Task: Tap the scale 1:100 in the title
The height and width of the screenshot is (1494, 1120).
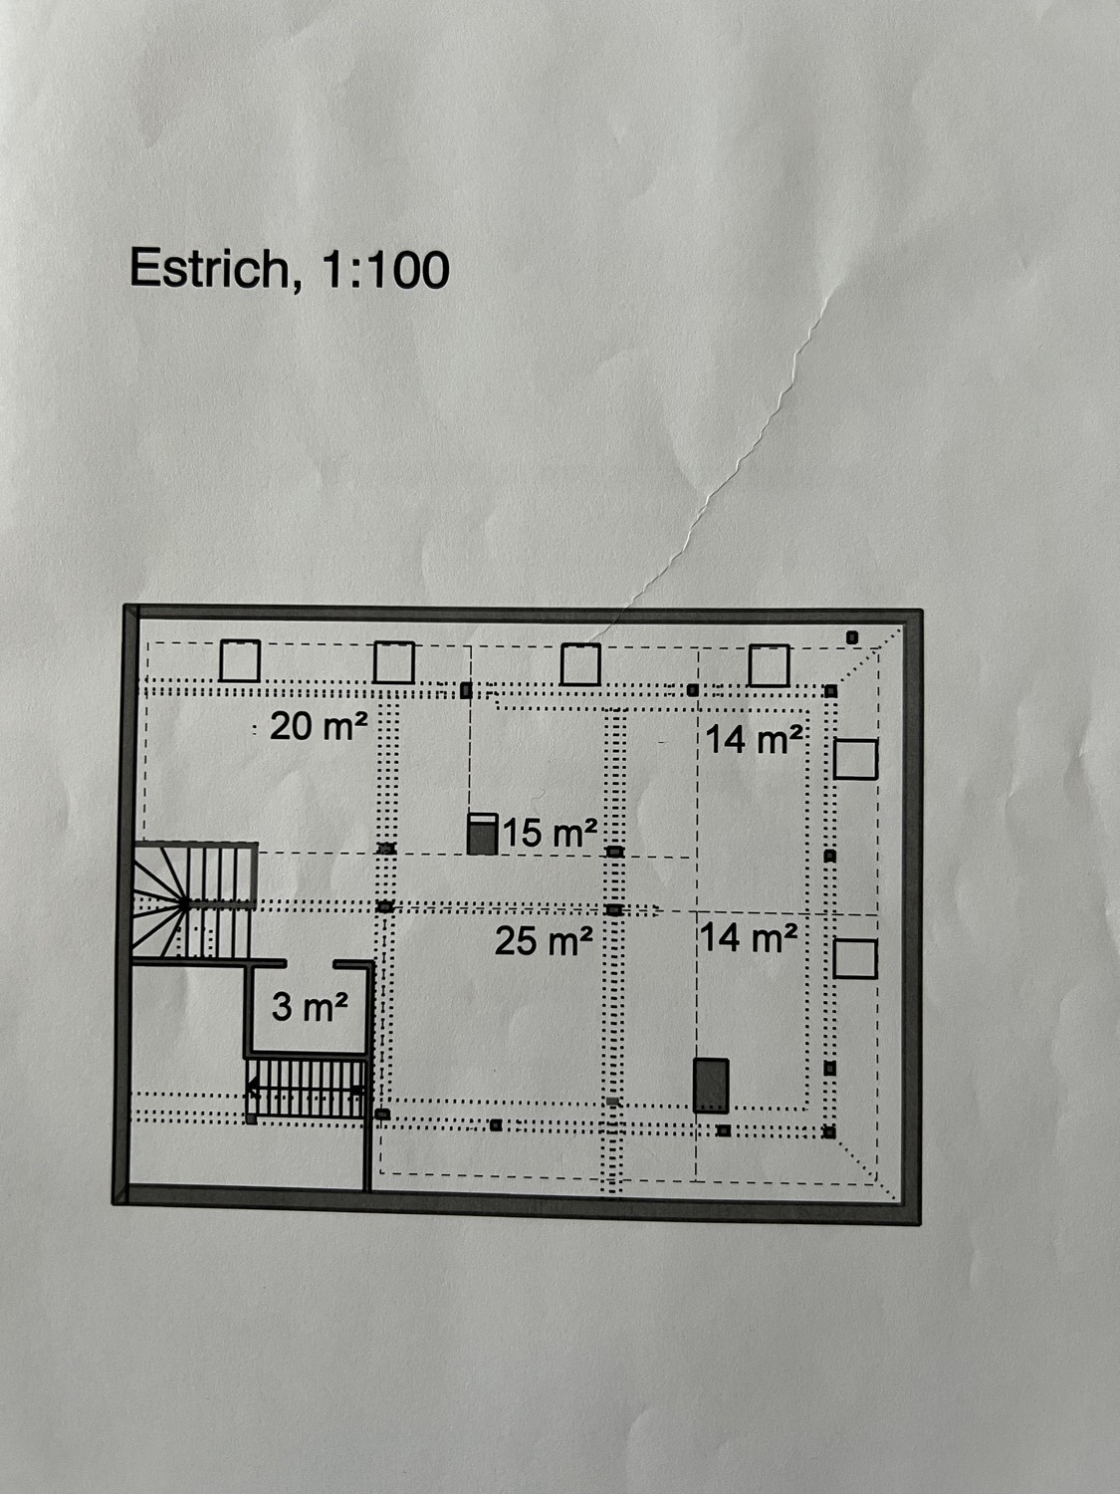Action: pos(386,270)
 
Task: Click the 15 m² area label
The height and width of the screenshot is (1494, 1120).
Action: pos(551,833)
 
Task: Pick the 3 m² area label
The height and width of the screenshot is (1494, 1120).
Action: pos(310,1008)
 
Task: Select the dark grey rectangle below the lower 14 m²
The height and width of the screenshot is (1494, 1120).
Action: pos(711,1086)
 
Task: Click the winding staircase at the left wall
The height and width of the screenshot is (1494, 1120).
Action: pos(191,902)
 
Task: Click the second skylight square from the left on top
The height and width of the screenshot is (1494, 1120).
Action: pos(394,663)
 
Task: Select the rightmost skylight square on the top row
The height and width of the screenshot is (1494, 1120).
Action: pos(769,666)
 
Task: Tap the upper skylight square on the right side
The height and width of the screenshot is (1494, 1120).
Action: pos(855,759)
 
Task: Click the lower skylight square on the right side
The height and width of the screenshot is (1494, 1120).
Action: pos(855,959)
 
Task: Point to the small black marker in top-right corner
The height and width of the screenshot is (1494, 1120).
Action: pos(852,636)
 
